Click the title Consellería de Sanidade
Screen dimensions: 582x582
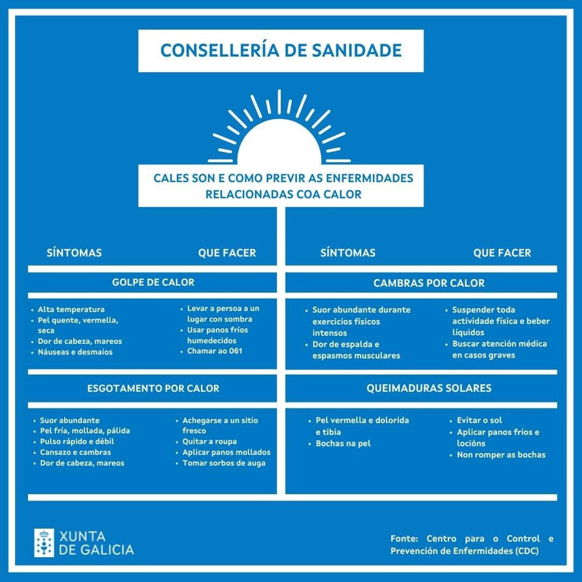click(x=281, y=51)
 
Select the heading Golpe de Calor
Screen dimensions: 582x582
click(x=153, y=283)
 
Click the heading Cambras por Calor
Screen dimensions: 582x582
click(x=429, y=283)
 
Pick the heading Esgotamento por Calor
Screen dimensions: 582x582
click(x=153, y=388)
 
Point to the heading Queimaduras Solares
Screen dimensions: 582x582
click(x=429, y=388)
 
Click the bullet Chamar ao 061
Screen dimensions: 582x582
click(x=214, y=351)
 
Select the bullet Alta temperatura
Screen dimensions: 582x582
click(x=71, y=309)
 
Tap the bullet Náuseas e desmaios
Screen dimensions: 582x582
click(x=75, y=352)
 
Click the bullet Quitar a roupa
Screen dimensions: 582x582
click(x=209, y=441)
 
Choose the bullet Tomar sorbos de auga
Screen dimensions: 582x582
click(x=224, y=463)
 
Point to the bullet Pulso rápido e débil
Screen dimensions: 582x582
click(x=77, y=441)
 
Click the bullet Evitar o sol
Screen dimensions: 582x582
click(x=479, y=420)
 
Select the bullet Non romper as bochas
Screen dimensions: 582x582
click(x=501, y=455)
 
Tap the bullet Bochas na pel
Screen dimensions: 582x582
click(x=343, y=443)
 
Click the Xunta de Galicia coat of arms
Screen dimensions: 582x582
click(x=44, y=543)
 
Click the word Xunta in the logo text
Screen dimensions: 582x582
click(x=82, y=537)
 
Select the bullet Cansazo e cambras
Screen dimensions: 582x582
click(x=75, y=452)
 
